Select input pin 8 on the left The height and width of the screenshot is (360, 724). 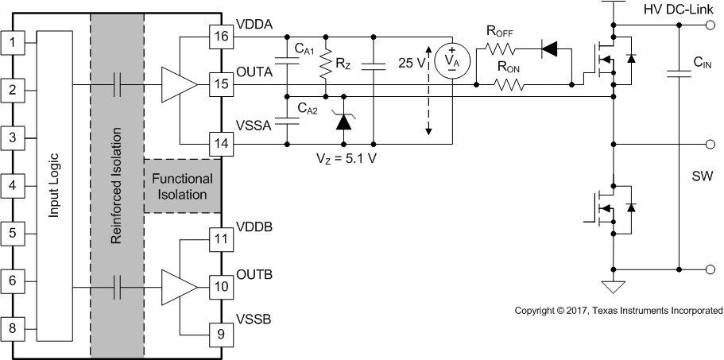pos(12,327)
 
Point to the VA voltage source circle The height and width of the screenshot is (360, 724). pos(451,61)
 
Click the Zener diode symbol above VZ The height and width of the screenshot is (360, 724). pos(343,120)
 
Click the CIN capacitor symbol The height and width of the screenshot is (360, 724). pos(679,73)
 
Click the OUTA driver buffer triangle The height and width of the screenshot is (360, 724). pos(178,83)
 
